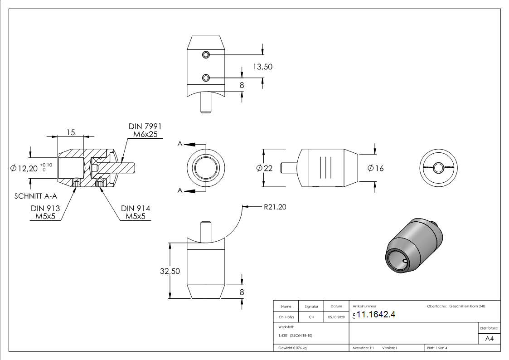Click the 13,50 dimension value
coord(262,67)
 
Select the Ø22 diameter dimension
coord(264,168)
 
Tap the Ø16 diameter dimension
coord(375,168)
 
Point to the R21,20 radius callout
coord(275,207)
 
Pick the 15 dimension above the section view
coord(70,132)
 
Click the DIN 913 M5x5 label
coord(45,212)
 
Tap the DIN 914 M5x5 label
coord(136,212)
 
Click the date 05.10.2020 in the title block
coord(336,317)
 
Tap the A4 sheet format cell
coord(489,339)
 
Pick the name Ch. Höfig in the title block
coord(286,317)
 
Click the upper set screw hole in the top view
coord(206,55)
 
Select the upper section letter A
coord(180,144)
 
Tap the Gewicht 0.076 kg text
coord(293,348)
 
